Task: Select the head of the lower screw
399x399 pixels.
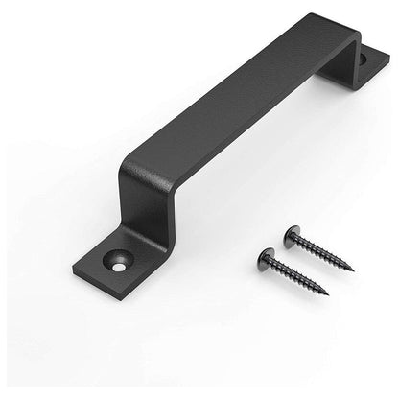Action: [267, 254]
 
